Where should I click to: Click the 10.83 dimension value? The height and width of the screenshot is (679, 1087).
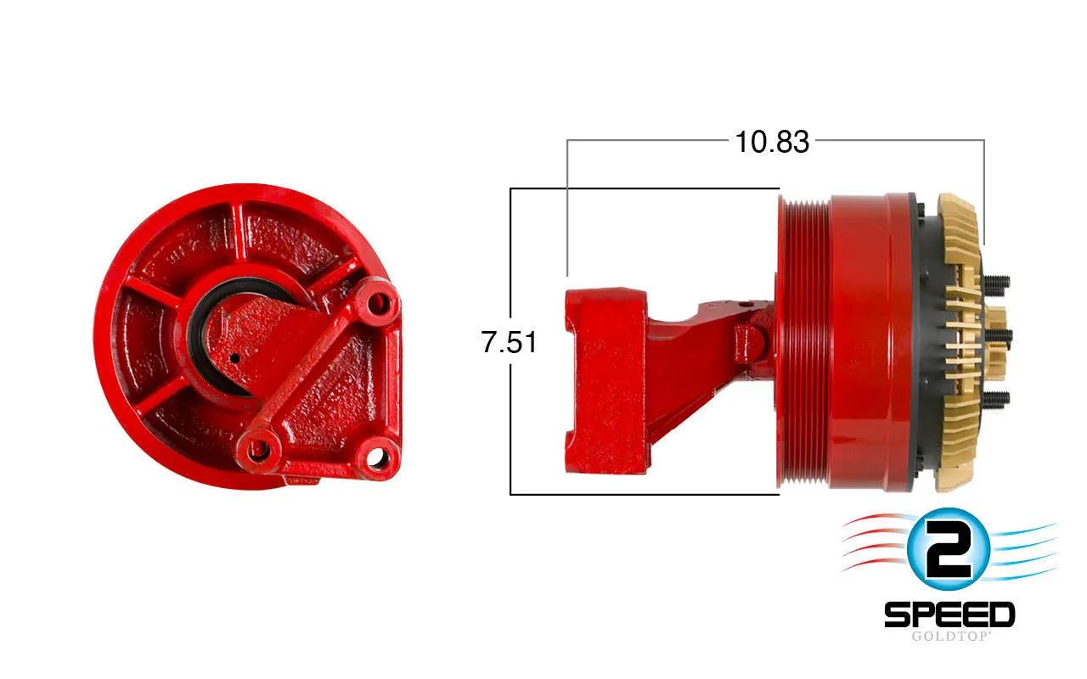coord(772,142)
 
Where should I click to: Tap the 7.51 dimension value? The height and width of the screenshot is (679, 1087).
coord(510,341)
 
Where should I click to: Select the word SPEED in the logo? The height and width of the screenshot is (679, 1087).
coord(949,614)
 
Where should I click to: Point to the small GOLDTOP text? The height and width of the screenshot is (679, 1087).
coord(949,636)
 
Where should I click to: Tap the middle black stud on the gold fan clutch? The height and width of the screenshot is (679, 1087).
coord(1000,335)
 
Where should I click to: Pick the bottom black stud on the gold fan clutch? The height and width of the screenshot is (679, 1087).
coord(997,399)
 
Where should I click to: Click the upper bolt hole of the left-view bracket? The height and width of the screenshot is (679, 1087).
coord(379,304)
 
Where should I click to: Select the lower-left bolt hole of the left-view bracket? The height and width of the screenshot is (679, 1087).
coord(259,451)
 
